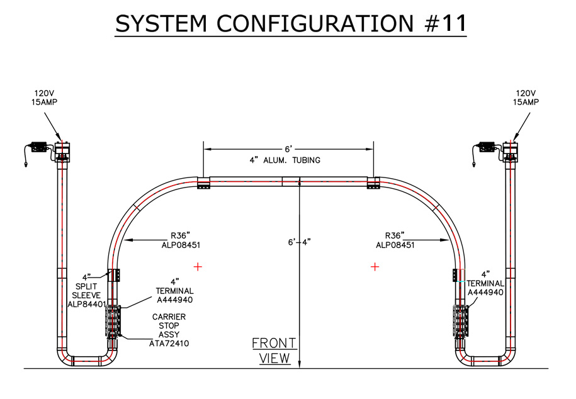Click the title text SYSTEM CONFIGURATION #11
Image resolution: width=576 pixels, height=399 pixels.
coord(291,23)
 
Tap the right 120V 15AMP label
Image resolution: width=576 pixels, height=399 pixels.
coord(526,97)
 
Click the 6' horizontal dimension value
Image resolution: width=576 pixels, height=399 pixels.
coord(288,149)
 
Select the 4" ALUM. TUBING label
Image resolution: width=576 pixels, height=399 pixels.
coord(285,160)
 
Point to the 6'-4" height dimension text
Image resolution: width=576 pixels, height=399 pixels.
coord(299,242)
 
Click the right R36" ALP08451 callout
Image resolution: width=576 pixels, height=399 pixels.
coord(395,240)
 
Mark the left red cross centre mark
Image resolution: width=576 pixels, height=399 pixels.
coord(198,267)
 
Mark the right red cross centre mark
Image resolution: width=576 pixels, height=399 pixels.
coord(375,267)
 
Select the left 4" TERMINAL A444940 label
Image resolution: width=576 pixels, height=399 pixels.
coord(174,291)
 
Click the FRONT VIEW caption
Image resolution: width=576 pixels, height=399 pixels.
coord(274,351)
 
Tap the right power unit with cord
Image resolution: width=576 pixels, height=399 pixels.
coord(487,149)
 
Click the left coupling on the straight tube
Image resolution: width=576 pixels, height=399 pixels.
coord(203,183)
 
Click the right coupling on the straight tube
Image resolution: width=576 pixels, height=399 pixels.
coord(373,183)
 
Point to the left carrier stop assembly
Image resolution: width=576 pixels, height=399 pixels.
coord(113,322)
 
